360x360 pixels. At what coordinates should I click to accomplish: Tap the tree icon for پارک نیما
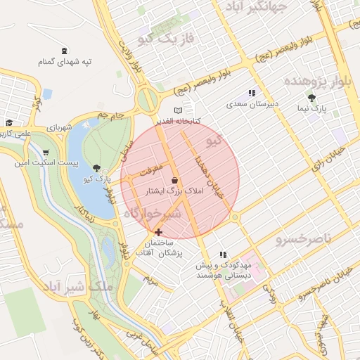pos(311,98)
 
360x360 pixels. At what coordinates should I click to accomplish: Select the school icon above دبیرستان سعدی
pos(252,93)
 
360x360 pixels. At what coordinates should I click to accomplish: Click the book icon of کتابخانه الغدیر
pos(178,110)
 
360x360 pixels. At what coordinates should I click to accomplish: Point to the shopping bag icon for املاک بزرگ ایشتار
pos(174,180)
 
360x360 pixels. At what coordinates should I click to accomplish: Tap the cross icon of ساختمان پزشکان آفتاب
pos(158,231)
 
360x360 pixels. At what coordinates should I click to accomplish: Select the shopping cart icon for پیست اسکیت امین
pos(46,153)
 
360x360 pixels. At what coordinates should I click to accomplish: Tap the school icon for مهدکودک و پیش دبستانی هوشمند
pos(223,255)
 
